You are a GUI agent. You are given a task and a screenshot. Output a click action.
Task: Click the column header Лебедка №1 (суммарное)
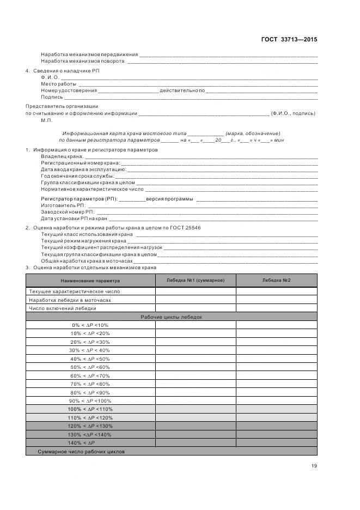click(196, 281)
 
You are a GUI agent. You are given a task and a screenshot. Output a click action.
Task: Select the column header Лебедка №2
click(276, 281)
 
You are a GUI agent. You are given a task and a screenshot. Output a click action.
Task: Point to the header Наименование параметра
click(90, 281)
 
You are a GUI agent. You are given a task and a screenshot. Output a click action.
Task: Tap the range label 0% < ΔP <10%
click(90, 325)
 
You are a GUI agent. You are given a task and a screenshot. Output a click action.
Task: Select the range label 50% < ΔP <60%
click(90, 367)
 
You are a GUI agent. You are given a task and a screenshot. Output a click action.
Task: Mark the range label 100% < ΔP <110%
click(90, 409)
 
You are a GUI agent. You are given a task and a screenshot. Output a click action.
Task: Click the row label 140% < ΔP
click(90, 443)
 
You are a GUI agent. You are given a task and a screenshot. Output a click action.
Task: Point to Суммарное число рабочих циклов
click(81, 452)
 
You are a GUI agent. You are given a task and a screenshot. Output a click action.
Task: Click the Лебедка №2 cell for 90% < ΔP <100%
click(276, 401)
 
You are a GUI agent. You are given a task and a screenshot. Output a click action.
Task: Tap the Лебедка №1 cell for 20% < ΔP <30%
click(196, 342)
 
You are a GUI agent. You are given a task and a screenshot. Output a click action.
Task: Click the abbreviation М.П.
click(46, 120)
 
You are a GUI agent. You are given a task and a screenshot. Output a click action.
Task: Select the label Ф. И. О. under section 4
click(50, 77)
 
